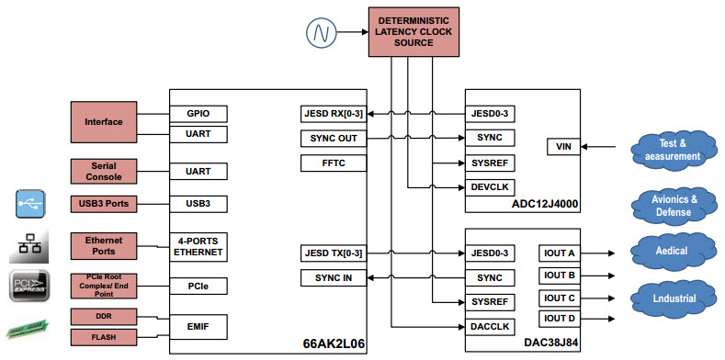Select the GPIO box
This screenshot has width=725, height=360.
198,114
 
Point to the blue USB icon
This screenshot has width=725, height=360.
29,203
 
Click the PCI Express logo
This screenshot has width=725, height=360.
29,285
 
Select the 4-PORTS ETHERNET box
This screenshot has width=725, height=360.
198,245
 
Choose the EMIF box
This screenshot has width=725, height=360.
198,325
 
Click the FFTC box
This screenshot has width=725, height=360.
334,163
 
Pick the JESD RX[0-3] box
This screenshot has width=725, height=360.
334,114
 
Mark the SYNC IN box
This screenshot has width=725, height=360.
334,277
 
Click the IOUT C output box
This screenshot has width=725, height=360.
560,298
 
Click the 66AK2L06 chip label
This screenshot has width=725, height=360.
334,343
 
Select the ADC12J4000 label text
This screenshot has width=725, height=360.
546,204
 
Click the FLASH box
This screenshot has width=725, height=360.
103,336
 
